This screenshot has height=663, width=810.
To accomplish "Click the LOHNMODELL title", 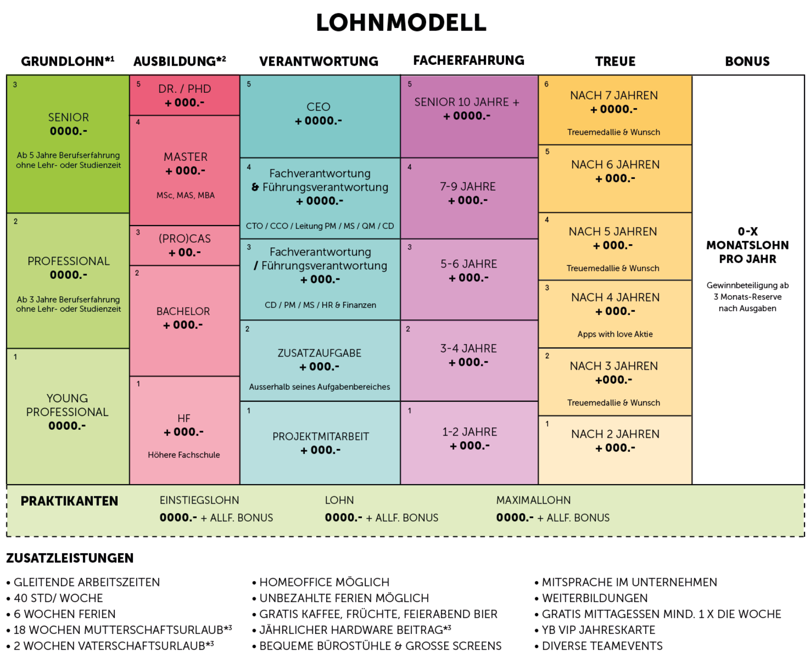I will tap(401, 23).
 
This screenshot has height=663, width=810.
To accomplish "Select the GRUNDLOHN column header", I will tap(67, 61).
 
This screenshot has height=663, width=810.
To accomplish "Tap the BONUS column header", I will tap(747, 61).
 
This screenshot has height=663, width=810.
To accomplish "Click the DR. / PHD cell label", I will tap(185, 89).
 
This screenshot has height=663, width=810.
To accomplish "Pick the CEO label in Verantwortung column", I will tap(319, 107).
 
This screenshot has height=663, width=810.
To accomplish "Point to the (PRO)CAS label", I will tap(185, 239).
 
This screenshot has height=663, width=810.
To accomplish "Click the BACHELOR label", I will tap(183, 311).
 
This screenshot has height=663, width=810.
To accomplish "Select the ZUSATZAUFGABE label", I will tap(320, 353).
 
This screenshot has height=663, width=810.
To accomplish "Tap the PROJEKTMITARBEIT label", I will tap(320, 436).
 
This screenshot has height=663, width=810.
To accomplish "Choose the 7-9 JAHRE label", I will tap(468, 187).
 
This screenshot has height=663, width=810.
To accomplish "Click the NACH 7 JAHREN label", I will tap(614, 96).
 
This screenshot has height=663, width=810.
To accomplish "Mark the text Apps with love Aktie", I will tap(615, 334).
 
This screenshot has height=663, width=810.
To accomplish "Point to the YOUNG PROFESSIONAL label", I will tap(67, 405).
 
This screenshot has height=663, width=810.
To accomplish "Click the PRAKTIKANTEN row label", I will tap(70, 501).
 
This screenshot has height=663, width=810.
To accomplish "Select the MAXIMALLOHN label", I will tap(533, 500).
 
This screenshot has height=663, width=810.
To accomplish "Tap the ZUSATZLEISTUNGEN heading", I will tap(70, 558).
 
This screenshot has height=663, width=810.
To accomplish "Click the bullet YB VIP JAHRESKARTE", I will tap(599, 630).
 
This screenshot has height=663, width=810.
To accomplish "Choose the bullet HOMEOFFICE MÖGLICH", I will tap(324, 582).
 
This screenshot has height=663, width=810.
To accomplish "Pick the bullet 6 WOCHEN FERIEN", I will tap(65, 614).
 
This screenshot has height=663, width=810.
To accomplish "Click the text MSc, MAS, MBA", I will tap(185, 195).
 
